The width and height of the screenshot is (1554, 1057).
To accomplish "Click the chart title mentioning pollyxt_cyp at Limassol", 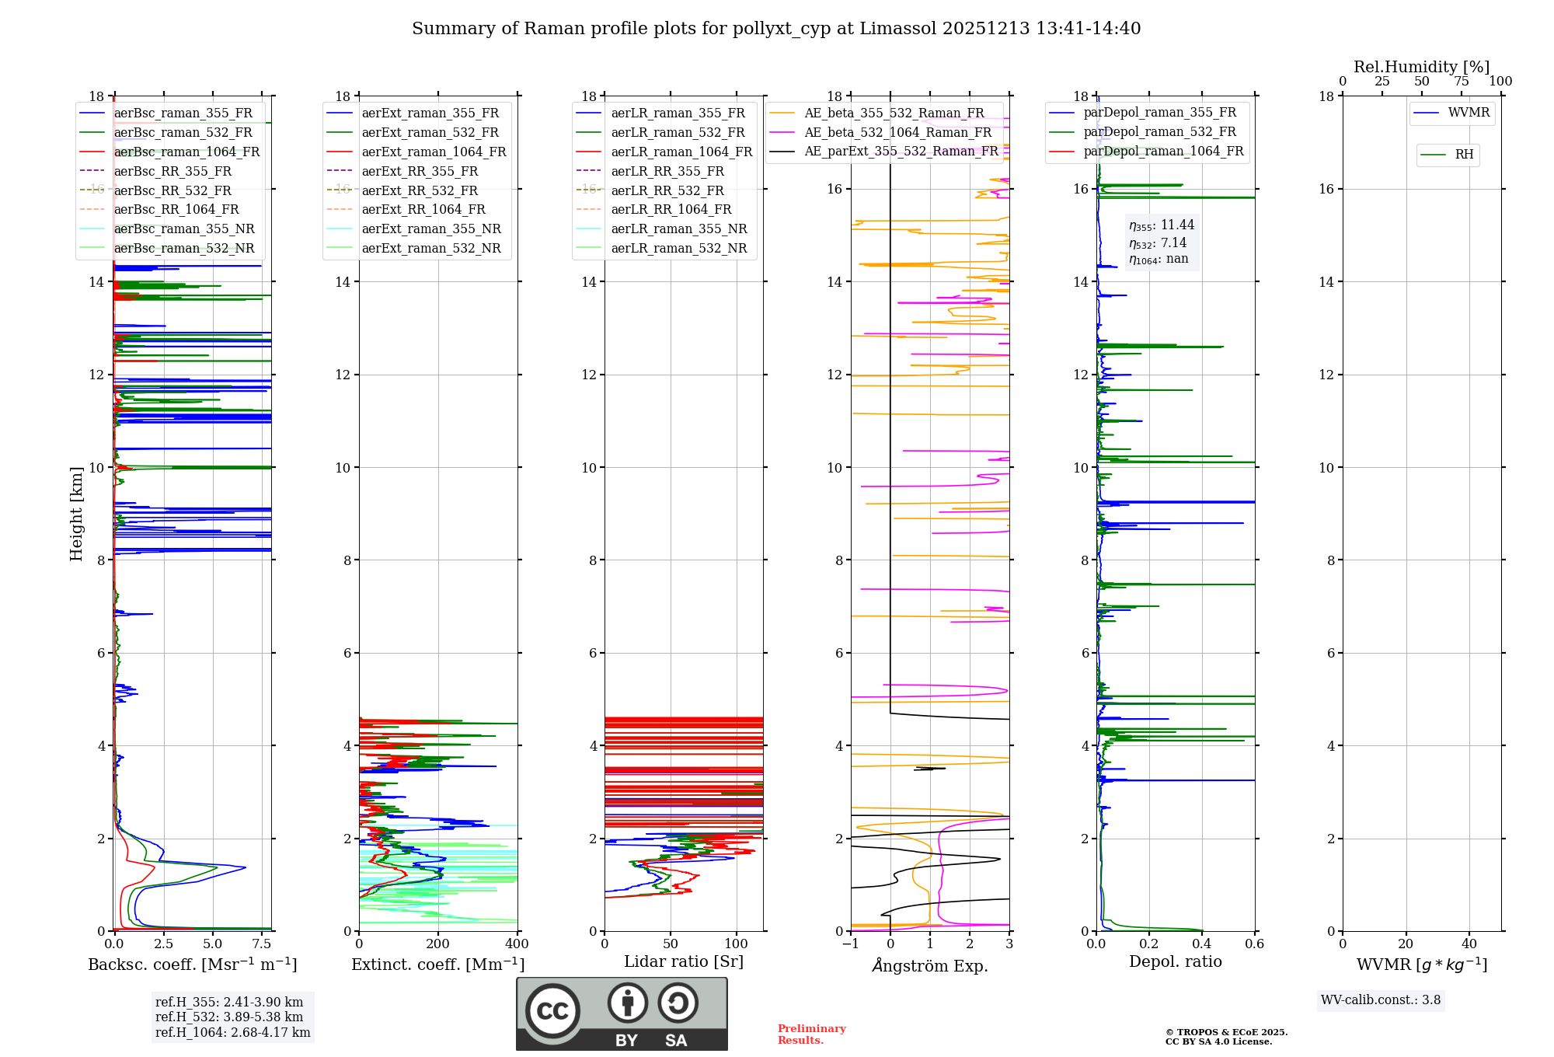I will (776, 29).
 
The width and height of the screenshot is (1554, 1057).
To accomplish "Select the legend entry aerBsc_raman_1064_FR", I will (186, 152).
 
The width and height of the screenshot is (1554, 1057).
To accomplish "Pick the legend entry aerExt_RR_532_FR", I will (420, 190).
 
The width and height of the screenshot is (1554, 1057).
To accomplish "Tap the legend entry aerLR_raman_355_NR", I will (678, 228).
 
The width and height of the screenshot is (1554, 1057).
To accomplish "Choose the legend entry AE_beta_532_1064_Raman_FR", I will (897, 132).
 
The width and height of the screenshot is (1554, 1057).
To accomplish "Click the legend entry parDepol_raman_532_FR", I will (1159, 131).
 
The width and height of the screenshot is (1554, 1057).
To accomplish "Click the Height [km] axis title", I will (76, 513).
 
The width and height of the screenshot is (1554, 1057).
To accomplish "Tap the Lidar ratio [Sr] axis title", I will (684, 961).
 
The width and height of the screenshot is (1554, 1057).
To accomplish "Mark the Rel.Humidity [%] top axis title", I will (1421, 67).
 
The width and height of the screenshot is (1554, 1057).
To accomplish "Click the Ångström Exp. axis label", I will (930, 965).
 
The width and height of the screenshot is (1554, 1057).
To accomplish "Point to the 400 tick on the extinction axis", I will (517, 944).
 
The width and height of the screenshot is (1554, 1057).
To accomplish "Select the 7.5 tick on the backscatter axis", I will (262, 944).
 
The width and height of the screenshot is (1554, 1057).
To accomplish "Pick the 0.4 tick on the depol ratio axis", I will (1202, 944).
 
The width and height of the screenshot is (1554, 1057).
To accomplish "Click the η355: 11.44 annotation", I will (1162, 225).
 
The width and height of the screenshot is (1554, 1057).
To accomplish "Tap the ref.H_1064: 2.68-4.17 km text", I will (232, 1033).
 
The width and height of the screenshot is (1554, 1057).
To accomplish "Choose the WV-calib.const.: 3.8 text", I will (1381, 1000).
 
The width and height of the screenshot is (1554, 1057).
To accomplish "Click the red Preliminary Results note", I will (811, 1034).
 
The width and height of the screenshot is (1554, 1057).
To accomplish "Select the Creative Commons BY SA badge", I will (622, 1013).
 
